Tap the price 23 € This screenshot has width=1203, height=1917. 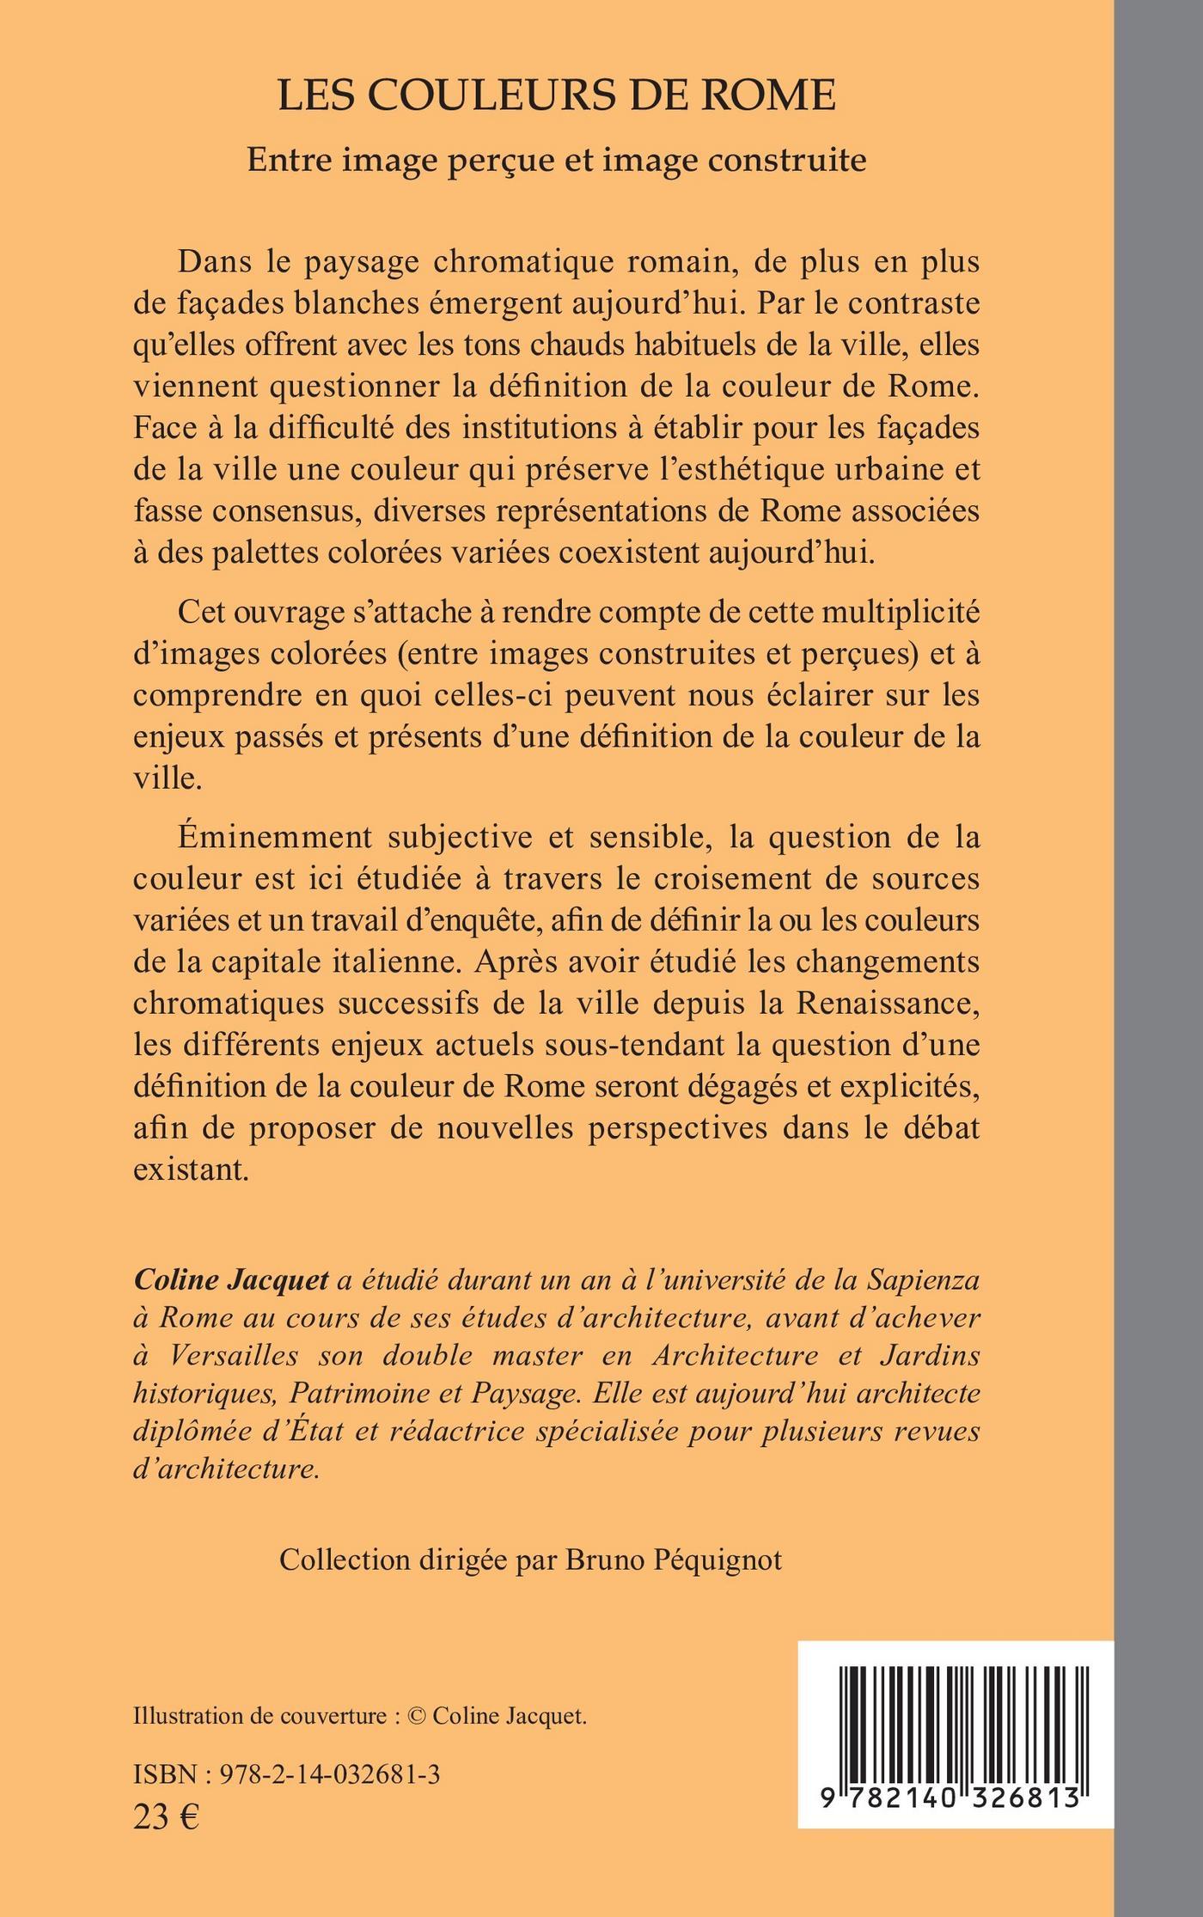167,1815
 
